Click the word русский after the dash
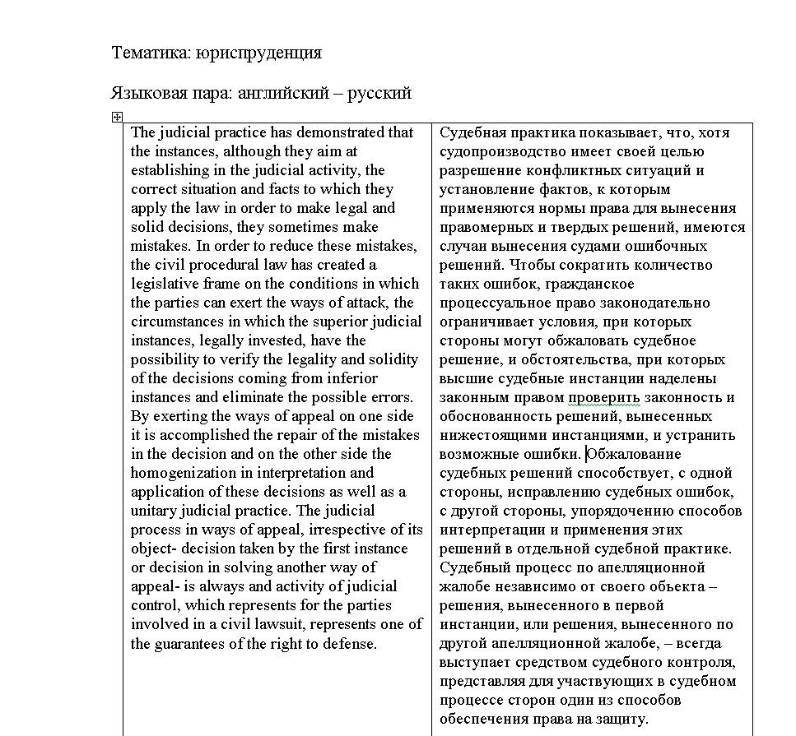coord(379,94)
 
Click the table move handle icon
coord(116,117)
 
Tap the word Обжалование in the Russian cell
coord(635,454)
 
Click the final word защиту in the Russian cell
coord(623,719)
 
